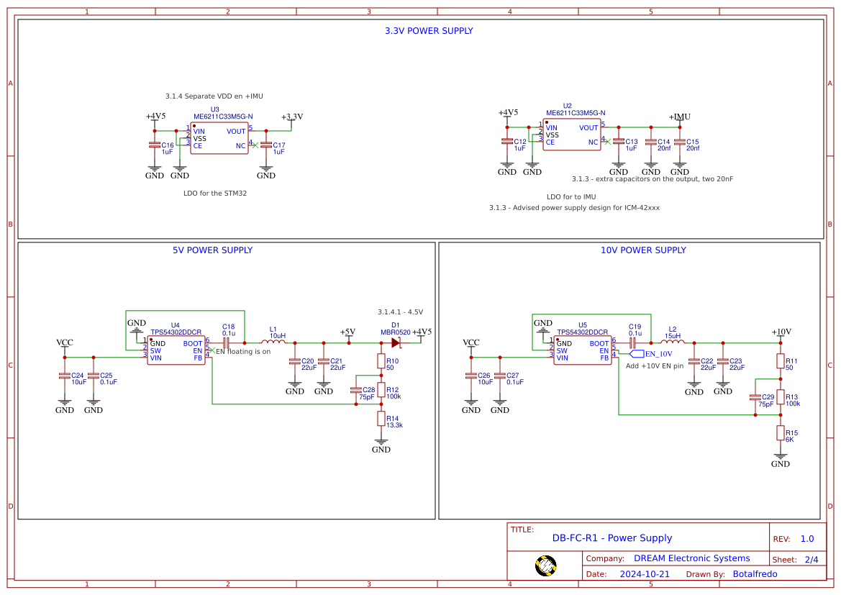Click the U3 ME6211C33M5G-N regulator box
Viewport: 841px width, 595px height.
pyautogui.click(x=219, y=137)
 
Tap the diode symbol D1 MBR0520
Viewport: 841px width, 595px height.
pyautogui.click(x=396, y=342)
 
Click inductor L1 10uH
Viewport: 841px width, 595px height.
pyautogui.click(x=273, y=342)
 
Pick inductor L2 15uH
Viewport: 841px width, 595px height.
pyautogui.click(x=673, y=342)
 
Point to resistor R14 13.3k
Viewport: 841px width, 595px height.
pyautogui.click(x=381, y=419)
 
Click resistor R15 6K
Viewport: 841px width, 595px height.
pyautogui.click(x=780, y=432)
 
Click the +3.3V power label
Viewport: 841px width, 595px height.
pyautogui.click(x=291, y=117)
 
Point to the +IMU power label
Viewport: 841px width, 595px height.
pyautogui.click(x=679, y=117)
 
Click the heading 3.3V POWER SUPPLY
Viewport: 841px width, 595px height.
pyautogui.click(x=429, y=31)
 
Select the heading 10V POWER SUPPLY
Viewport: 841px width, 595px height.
pyautogui.click(x=643, y=250)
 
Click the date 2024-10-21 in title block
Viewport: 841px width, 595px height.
pyautogui.click(x=645, y=574)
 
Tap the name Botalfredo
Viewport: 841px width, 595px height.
pyautogui.click(x=755, y=574)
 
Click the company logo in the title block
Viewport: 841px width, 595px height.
pyautogui.click(x=546, y=566)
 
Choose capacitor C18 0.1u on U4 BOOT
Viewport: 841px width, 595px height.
pyautogui.click(x=226, y=342)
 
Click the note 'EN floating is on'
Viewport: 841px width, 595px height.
pyautogui.click(x=243, y=352)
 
